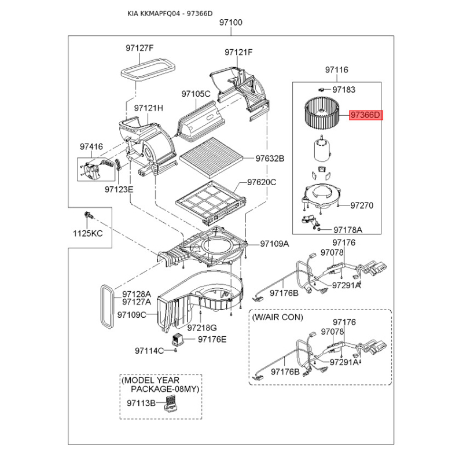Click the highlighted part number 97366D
pyautogui.click(x=366, y=115)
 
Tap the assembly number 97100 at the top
pyautogui.click(x=230, y=23)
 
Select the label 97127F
pyautogui.click(x=139, y=48)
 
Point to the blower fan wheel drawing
pyautogui.click(x=321, y=113)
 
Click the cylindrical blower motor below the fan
pyautogui.click(x=322, y=149)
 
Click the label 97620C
pyautogui.click(x=262, y=182)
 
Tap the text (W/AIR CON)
pyautogui.click(x=277, y=317)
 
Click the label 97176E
pyautogui.click(x=212, y=340)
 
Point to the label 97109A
pyautogui.click(x=274, y=244)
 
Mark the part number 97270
pyautogui.click(x=362, y=205)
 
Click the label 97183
pyautogui.click(x=344, y=90)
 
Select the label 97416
pyautogui.click(x=91, y=146)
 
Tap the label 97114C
pyautogui.click(x=149, y=351)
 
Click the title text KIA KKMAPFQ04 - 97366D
pyautogui.click(x=170, y=13)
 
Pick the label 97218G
pyautogui.click(x=202, y=328)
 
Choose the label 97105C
pyautogui.click(x=196, y=94)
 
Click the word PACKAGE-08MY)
pyautogui.click(x=165, y=389)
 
